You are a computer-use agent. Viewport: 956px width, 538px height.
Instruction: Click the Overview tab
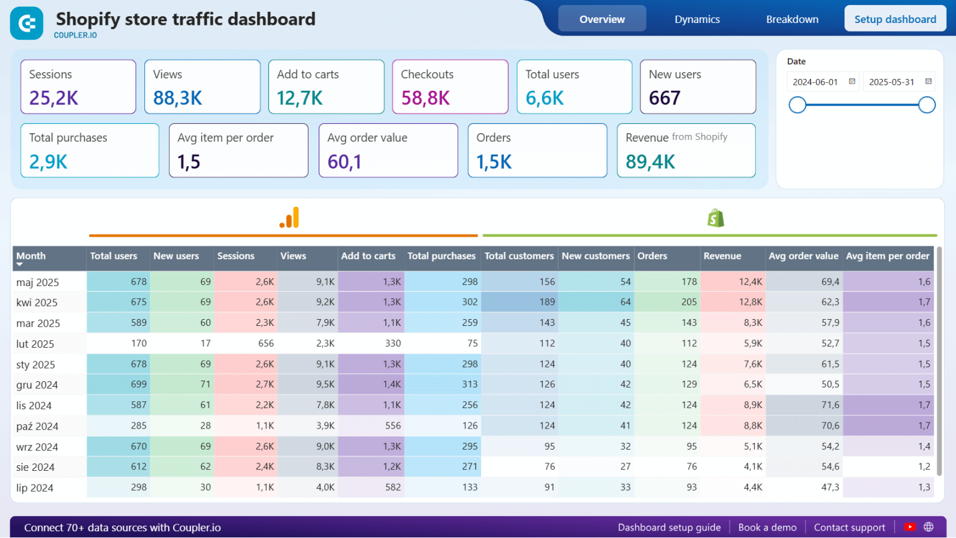[x=602, y=19]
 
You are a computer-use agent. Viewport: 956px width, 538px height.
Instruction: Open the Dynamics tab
[x=697, y=19]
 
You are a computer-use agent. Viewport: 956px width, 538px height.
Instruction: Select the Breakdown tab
[x=792, y=19]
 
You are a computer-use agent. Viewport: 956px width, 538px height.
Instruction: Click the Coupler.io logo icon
[x=27, y=24]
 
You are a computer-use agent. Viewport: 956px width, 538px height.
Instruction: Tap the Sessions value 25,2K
[x=54, y=98]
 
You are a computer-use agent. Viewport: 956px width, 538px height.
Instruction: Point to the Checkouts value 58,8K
[x=425, y=98]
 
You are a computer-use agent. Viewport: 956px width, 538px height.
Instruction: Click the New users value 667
[x=665, y=98]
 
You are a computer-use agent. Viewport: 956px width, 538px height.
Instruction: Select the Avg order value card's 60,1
[x=344, y=162]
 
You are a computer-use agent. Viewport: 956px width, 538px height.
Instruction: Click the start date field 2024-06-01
[x=815, y=82]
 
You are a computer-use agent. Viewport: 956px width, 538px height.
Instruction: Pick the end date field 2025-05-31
[x=891, y=82]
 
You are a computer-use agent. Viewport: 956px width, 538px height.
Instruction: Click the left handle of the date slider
[x=797, y=105]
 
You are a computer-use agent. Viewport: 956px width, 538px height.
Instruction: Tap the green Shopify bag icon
[x=716, y=218]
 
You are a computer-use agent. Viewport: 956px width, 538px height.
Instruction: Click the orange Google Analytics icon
[x=289, y=218]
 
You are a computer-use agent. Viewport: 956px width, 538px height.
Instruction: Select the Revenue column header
[x=722, y=256]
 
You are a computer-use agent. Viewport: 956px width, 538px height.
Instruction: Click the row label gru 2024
[x=37, y=385]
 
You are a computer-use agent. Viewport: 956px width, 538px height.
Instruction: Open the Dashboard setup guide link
[x=669, y=527]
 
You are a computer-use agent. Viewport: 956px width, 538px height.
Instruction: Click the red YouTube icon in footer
[x=910, y=527]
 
